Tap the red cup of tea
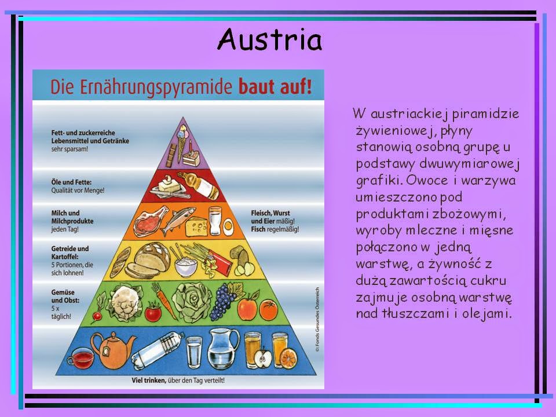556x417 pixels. click(83, 357)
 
